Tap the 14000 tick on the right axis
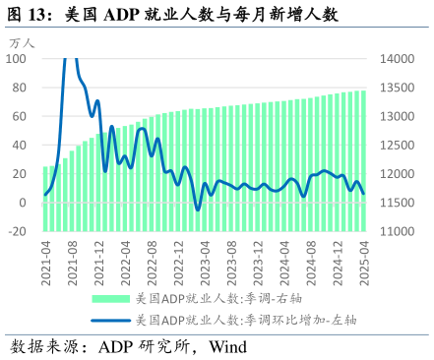pos(394,59)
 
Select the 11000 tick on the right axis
pos(394,232)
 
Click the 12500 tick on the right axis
pos(394,146)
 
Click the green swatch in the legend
pos(110,297)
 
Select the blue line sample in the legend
pos(110,320)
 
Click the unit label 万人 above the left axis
pos(22,43)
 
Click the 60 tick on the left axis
pos(20,116)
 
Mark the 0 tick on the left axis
pos(24,203)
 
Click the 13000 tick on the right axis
pos(394,116)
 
